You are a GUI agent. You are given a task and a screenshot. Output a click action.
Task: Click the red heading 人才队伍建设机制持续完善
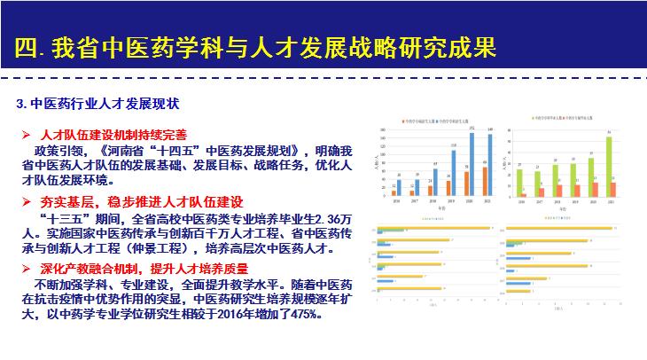pyautogui.click(x=113, y=134)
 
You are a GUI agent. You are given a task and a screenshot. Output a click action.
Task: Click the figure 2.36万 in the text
pyautogui.click(x=326, y=217)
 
